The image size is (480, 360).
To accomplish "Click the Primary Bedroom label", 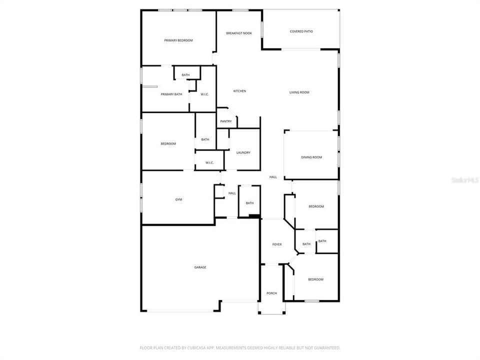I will coord(178,40).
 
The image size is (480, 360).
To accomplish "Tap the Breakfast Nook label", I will coord(239,33).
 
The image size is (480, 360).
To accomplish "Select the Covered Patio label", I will coord(301,31).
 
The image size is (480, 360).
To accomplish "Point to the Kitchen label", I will coord(239,91).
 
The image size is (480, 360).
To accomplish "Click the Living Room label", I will coord(299,92).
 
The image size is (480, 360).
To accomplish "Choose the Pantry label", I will coord(225,121).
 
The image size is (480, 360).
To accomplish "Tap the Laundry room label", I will coord(243,152).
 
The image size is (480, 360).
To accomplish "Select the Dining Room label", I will coord(311,157).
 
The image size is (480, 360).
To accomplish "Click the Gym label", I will coord(178,199).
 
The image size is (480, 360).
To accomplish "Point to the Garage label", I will coord(200,267).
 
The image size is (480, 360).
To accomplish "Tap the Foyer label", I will coord(276,244).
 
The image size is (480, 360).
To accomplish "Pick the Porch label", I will coord(271,293).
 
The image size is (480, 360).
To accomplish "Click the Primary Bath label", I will coord(171,94).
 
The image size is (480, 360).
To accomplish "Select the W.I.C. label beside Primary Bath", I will coord(204,94).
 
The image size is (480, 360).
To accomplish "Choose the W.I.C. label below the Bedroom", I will coord(209,162).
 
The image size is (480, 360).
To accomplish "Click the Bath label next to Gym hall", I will coord(249,203).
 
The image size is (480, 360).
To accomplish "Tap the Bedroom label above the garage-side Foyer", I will coord(316,206).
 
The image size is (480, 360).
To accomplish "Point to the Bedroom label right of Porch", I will coord(315,279).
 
